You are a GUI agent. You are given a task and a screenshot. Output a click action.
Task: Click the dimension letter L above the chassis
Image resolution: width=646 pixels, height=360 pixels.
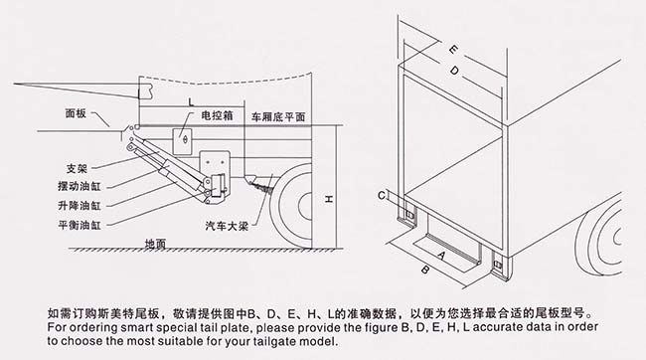[191, 101]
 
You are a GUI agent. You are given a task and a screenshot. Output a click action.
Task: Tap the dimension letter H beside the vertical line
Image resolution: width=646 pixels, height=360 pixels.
[328, 199]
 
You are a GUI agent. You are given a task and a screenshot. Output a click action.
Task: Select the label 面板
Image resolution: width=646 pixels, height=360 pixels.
[76, 113]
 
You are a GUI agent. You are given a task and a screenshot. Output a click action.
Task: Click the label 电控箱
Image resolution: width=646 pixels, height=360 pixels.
[217, 115]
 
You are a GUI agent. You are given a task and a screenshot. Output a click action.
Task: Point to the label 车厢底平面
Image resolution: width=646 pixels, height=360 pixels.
[278, 117]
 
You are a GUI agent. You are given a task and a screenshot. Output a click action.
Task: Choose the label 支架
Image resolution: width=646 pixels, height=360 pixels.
[77, 168]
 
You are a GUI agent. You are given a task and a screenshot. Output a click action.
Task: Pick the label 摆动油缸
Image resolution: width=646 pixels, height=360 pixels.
[80, 186]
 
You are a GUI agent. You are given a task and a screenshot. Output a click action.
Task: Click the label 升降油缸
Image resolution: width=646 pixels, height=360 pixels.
[80, 206]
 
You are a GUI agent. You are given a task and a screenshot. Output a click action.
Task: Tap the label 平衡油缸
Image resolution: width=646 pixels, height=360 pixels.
[80, 225]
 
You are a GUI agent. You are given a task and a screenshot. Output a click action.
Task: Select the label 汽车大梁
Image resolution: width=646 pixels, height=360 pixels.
[227, 226]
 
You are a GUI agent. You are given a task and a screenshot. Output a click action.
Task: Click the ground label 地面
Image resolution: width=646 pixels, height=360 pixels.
[155, 244]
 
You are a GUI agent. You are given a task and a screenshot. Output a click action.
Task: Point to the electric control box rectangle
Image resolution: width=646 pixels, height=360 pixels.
[182, 141]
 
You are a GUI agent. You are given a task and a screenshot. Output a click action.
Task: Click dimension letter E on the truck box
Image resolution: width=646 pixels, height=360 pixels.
[453, 50]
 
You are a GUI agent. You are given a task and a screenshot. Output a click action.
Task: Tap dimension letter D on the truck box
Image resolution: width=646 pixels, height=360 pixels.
[454, 71]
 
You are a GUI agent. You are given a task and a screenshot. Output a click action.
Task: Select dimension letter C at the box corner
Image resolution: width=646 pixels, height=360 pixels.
[382, 195]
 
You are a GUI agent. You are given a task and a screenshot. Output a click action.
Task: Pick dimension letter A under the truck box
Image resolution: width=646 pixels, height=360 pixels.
[441, 256]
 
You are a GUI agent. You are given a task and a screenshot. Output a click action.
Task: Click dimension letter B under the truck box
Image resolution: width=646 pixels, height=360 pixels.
[425, 270]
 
